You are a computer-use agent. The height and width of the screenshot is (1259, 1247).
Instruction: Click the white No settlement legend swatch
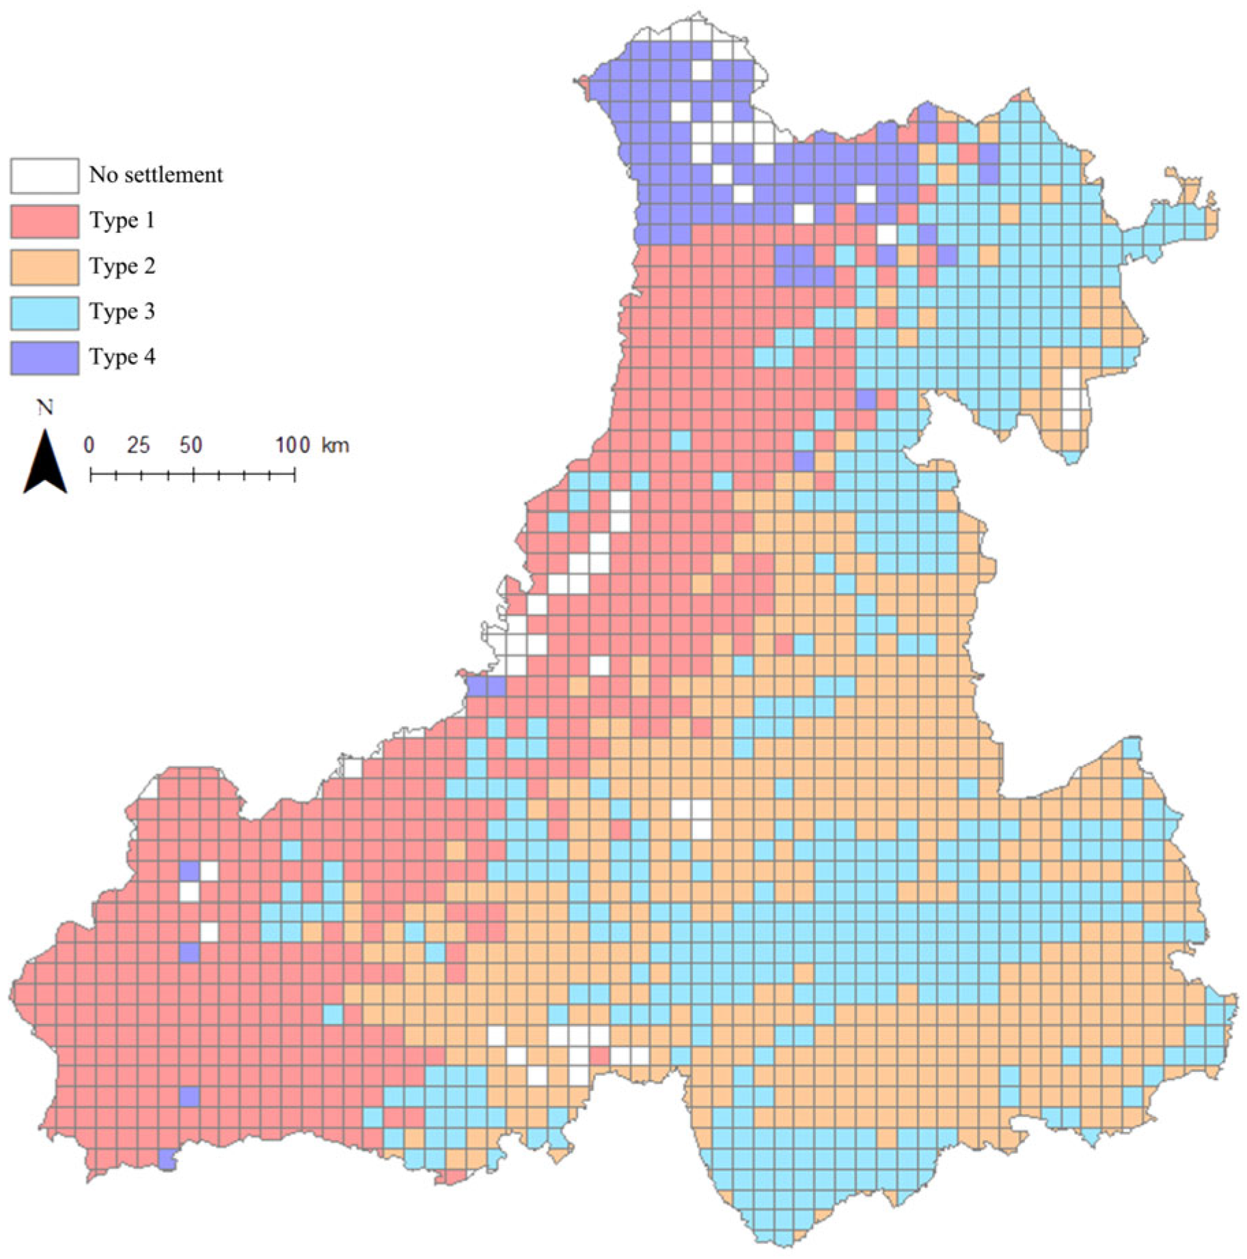pyautogui.click(x=44, y=176)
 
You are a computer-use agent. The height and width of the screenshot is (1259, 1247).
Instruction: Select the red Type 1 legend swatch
pyautogui.click(x=44, y=221)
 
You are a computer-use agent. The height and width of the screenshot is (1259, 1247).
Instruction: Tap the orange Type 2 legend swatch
pyautogui.click(x=44, y=266)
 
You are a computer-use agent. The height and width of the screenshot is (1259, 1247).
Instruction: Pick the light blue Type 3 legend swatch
pyautogui.click(x=44, y=312)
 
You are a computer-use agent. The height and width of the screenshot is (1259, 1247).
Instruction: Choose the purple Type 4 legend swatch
pyautogui.click(x=44, y=357)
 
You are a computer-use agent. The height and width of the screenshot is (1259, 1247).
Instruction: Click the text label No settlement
pyautogui.click(x=156, y=175)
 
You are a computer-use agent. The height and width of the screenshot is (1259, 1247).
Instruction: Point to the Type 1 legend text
pyautogui.click(x=122, y=220)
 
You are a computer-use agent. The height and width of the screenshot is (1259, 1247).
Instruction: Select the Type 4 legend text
pyautogui.click(x=122, y=357)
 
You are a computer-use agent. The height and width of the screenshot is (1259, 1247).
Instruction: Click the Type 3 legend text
pyautogui.click(x=122, y=312)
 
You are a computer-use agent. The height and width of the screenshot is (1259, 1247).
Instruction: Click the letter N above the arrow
pyautogui.click(x=45, y=408)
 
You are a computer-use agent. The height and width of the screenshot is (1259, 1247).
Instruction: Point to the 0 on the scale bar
pyautogui.click(x=89, y=445)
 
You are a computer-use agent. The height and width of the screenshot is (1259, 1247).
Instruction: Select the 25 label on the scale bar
pyautogui.click(x=138, y=445)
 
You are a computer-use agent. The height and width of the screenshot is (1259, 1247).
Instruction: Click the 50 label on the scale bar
pyautogui.click(x=191, y=445)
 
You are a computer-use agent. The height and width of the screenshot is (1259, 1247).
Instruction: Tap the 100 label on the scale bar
pyautogui.click(x=293, y=445)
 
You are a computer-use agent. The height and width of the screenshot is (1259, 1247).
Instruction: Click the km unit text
pyautogui.click(x=335, y=445)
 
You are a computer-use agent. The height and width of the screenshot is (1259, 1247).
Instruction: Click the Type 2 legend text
pyautogui.click(x=122, y=266)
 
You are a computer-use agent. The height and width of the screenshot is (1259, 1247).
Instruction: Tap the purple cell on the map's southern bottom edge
pyautogui.click(x=167, y=1161)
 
